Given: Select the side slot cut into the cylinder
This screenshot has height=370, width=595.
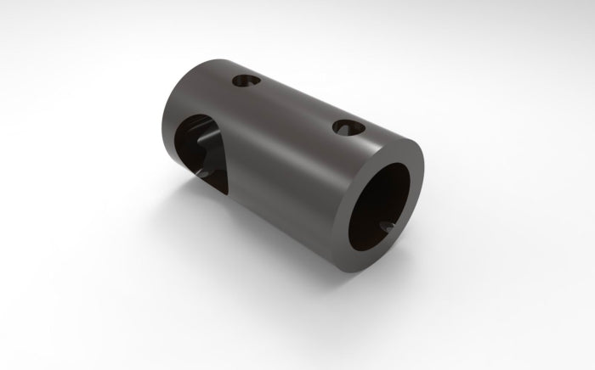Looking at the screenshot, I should point(202,153).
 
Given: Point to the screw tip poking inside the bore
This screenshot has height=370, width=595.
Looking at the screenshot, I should point(388,227).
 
